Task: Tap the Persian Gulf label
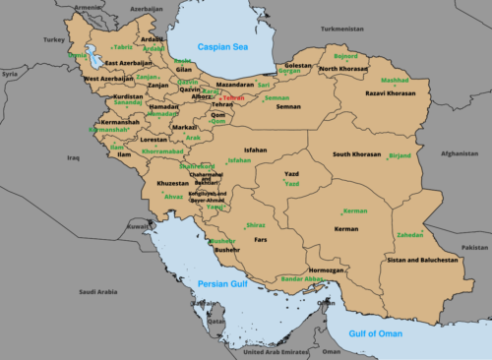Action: click(x=222, y=283)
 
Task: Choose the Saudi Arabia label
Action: click(x=98, y=291)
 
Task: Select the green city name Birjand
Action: click(x=400, y=155)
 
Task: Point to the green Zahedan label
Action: click(x=409, y=235)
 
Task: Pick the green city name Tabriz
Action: click(x=123, y=46)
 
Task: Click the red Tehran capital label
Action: click(x=233, y=98)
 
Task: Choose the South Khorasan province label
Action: click(x=356, y=154)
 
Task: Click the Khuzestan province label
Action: click(x=172, y=184)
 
